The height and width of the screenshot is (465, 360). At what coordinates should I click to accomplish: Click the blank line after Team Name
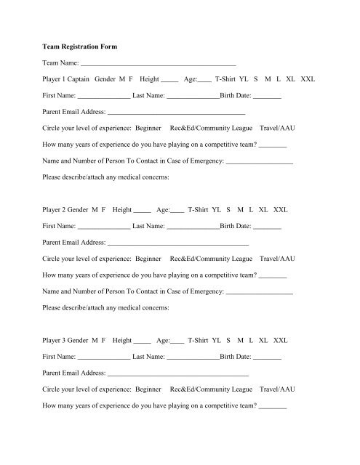pos(159,65)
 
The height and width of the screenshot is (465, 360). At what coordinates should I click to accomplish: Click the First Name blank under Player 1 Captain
pos(104,97)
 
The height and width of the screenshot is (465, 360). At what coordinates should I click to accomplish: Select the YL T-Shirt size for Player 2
pos(216,209)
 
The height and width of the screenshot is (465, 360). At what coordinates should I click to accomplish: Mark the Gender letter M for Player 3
pos(94,339)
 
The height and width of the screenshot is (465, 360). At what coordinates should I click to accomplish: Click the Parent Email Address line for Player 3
pos(177,373)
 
